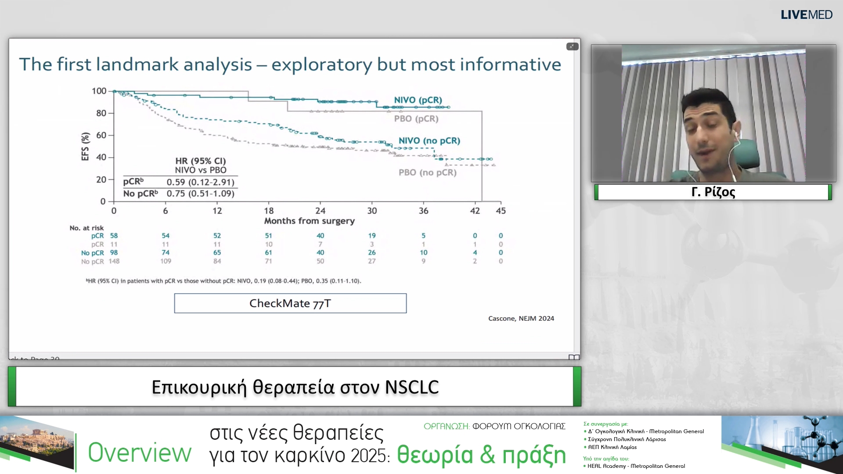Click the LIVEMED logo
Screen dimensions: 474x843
pyautogui.click(x=806, y=14)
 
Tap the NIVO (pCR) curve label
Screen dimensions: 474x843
pyautogui.click(x=418, y=100)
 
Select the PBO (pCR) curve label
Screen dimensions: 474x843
pyautogui.click(x=416, y=118)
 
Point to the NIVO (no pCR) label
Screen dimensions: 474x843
pyautogui.click(x=429, y=140)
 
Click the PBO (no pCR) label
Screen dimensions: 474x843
pyautogui.click(x=427, y=172)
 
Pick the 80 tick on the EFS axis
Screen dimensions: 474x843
pyautogui.click(x=101, y=113)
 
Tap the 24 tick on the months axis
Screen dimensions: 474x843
pyautogui.click(x=321, y=211)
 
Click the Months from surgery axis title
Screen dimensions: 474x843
pyautogui.click(x=309, y=221)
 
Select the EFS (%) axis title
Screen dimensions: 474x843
pyautogui.click(x=85, y=147)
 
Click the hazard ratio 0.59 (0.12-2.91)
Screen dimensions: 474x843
pyautogui.click(x=200, y=182)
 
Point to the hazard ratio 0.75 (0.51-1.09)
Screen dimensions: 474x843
pyautogui.click(x=200, y=194)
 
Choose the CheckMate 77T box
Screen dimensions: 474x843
pyautogui.click(x=290, y=303)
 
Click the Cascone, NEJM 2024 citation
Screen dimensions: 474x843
pyautogui.click(x=521, y=318)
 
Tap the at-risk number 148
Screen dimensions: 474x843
pyautogui.click(x=114, y=261)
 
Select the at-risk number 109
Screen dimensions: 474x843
pyautogui.click(x=166, y=261)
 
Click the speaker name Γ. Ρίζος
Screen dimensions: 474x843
pyautogui.click(x=713, y=192)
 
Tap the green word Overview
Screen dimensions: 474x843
pyautogui.click(x=140, y=453)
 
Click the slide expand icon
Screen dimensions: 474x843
pyautogui.click(x=572, y=46)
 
